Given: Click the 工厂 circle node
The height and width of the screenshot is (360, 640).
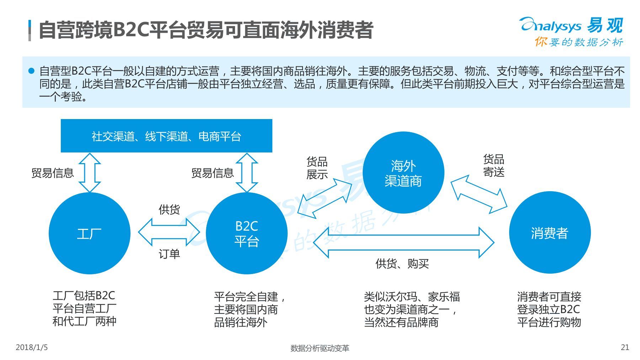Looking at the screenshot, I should point(89,233).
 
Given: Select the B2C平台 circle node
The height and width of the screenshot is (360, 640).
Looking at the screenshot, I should point(246,233).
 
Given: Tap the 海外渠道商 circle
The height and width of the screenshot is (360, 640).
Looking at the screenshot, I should point(403,173).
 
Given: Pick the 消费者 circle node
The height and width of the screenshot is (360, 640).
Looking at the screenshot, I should point(550,233).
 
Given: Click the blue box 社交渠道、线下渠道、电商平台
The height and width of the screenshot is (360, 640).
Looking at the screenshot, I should point(166,136).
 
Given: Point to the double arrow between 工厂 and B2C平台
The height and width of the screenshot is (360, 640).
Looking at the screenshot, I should point(169,232).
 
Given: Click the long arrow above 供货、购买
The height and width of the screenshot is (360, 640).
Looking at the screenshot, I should point(404,242).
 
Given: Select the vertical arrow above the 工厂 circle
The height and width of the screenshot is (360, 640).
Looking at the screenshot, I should point(90,173).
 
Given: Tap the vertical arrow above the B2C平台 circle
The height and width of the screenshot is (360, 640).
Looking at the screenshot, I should point(247,173).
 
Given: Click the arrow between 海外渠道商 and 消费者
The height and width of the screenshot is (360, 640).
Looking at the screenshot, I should point(479,194).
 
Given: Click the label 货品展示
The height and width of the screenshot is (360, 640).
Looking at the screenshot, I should point(317,168).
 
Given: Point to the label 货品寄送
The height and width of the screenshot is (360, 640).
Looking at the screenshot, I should point(494,166).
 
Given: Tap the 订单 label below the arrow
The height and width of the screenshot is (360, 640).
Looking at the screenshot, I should point(169,254).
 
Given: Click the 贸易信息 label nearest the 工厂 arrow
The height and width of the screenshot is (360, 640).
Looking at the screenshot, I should point(53,173).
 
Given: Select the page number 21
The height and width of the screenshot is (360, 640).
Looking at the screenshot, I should point(625,347).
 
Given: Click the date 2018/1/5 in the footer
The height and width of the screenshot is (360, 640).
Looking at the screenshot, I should point(32,347).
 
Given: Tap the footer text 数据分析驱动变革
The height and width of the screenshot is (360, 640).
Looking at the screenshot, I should point(320,348).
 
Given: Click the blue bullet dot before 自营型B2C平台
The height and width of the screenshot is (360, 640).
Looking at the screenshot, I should point(32,71).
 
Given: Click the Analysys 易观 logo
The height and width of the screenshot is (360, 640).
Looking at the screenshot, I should point(572,31).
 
